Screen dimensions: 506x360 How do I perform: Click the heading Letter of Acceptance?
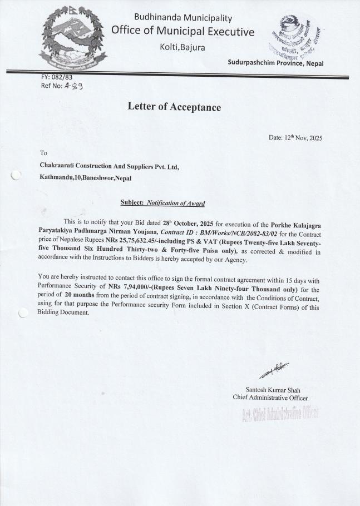[174, 107]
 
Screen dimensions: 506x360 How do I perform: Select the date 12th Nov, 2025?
[295, 138]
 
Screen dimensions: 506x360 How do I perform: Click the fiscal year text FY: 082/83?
[57, 77]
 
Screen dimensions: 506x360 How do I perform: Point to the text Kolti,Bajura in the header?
[182, 47]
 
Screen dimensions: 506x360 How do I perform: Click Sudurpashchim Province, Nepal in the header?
[275, 63]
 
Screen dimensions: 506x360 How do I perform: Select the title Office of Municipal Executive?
[183, 31]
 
